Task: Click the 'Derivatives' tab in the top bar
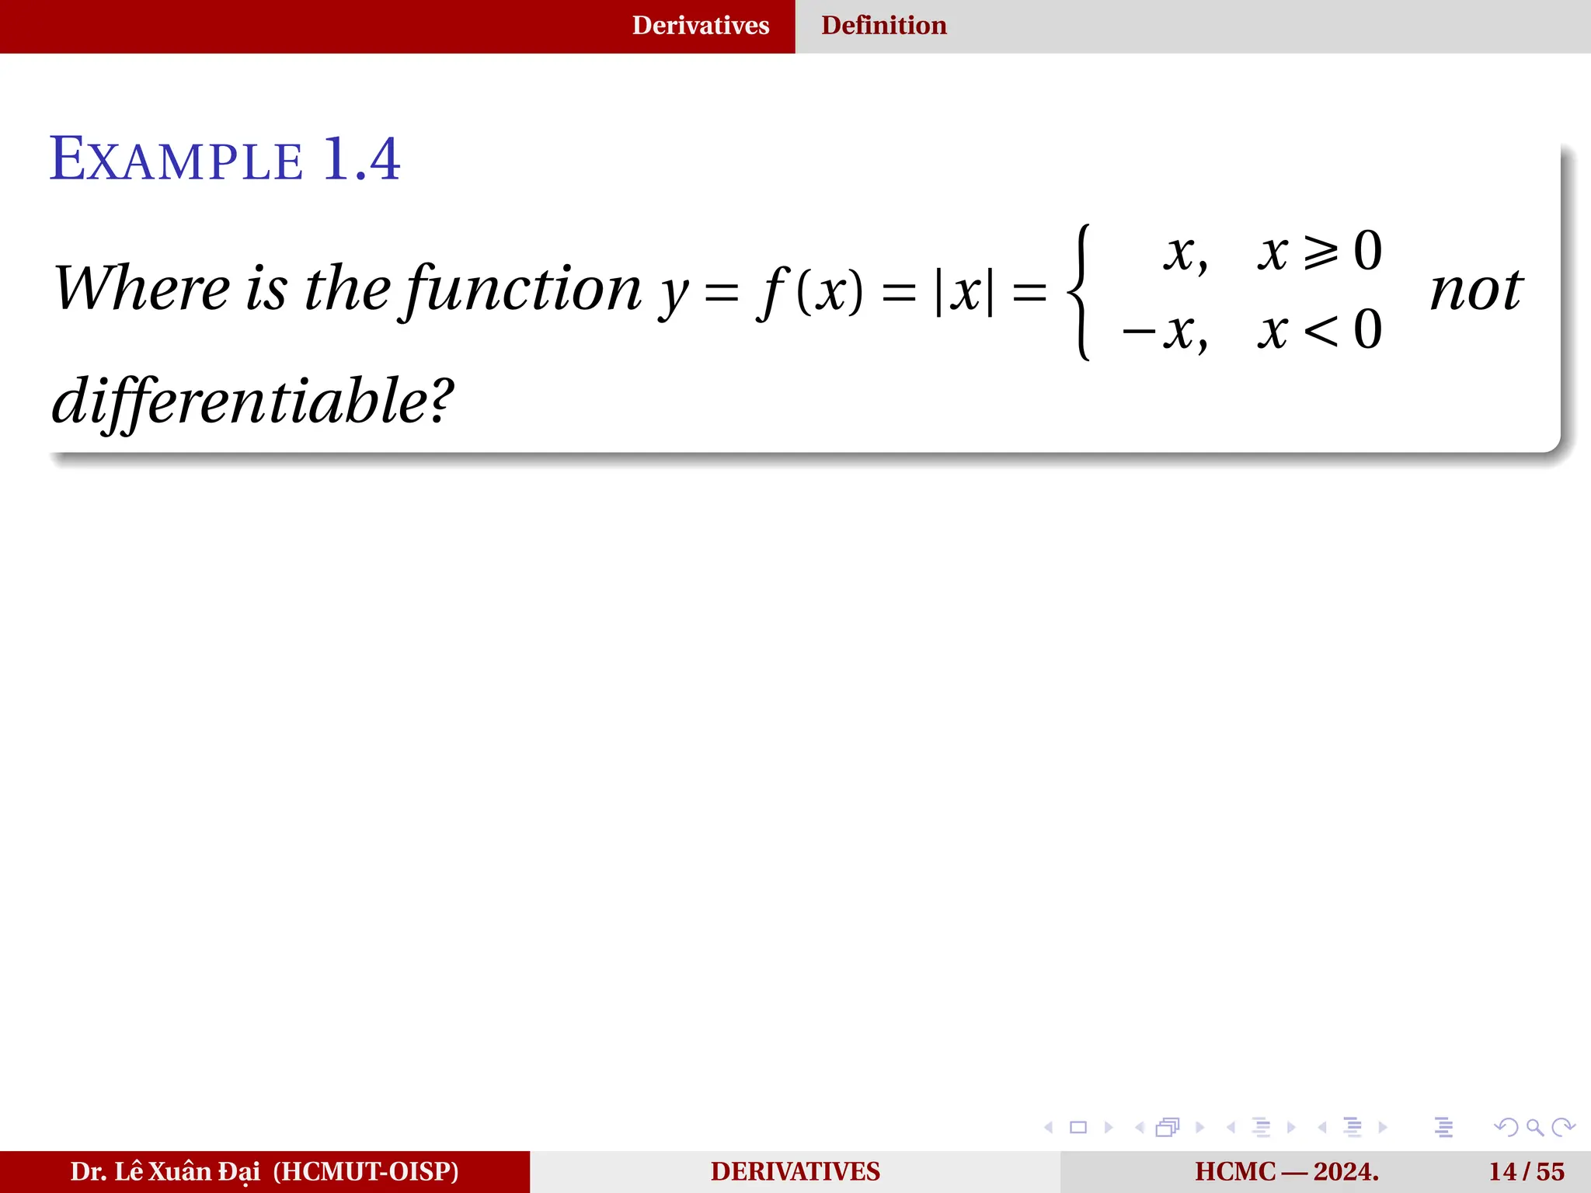[x=700, y=26]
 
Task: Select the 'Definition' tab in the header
[x=883, y=26]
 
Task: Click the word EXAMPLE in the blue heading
[x=176, y=160]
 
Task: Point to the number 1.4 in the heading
[x=361, y=159]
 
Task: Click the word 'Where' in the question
[x=141, y=288]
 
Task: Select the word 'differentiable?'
[x=252, y=402]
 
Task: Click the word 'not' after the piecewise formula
[x=1476, y=290]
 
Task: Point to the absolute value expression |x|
[x=964, y=293]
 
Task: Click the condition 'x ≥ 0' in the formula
[x=1320, y=252]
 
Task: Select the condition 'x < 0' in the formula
[x=1320, y=330]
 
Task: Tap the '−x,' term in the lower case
[x=1165, y=332]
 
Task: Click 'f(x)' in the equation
[x=812, y=291]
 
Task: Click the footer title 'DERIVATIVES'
[x=795, y=1171]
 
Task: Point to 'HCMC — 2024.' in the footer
[x=1286, y=1171]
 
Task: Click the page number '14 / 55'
[x=1527, y=1171]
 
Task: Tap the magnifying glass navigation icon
[x=1534, y=1127]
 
